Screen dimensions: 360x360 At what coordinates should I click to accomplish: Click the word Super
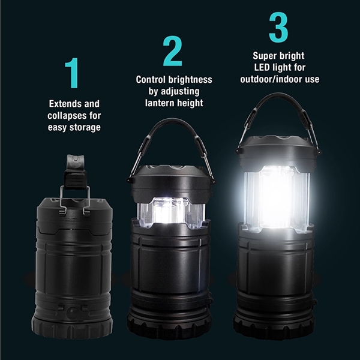[x=265, y=55]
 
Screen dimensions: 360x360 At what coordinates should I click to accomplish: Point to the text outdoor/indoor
[x=267, y=79]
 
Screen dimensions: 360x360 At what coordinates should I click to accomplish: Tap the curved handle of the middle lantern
[x=172, y=127]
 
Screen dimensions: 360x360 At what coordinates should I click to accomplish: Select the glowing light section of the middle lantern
[x=172, y=212]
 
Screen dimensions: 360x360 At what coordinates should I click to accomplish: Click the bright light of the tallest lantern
[x=277, y=195]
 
